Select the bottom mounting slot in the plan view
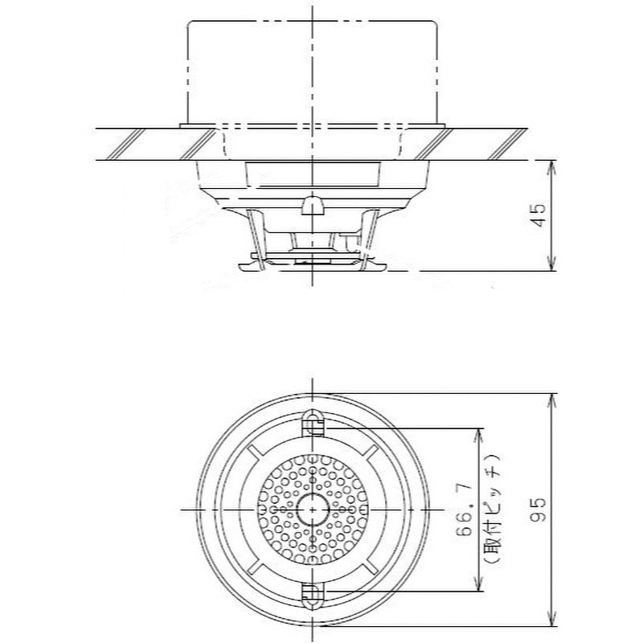click(x=310, y=595)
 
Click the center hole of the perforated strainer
click(x=310, y=510)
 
